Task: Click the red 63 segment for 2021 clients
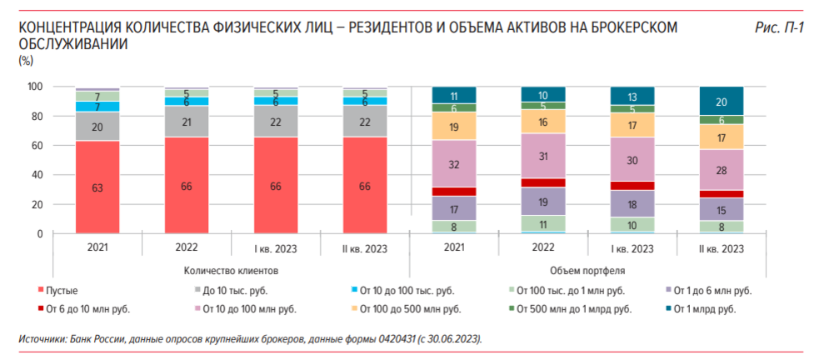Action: coord(97,187)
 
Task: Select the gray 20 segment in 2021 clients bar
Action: coord(97,127)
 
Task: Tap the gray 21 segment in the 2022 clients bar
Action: coord(186,122)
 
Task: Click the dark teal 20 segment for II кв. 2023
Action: coord(722,101)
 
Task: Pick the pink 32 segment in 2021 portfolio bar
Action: coord(453,163)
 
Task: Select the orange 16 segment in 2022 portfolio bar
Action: coord(543,122)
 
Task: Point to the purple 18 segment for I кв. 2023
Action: coord(632,204)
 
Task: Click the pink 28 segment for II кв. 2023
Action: coord(722,170)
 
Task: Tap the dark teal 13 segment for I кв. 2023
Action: coord(632,96)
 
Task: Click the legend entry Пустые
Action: coord(62,291)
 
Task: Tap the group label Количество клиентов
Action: coord(230,271)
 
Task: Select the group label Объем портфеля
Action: coord(587,271)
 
